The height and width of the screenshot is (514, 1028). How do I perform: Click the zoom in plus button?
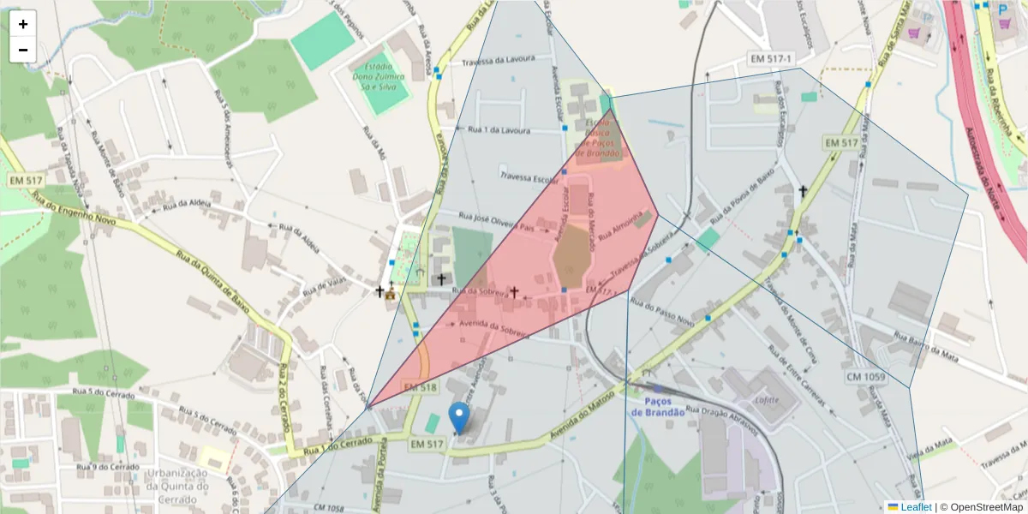click(x=23, y=24)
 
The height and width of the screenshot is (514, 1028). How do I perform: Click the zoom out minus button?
click(x=23, y=50)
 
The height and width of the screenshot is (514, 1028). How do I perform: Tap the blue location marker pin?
click(x=460, y=418)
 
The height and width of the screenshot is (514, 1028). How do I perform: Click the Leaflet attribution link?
click(x=915, y=507)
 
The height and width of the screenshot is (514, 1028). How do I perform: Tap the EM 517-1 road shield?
click(x=771, y=58)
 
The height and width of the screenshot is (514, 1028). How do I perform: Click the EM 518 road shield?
click(x=422, y=388)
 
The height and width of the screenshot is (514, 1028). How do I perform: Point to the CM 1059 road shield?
click(x=866, y=377)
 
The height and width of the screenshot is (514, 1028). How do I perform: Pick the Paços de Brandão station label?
click(x=658, y=406)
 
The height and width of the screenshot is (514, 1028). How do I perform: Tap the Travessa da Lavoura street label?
click(x=498, y=62)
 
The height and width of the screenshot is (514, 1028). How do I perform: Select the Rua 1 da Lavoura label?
click(x=499, y=130)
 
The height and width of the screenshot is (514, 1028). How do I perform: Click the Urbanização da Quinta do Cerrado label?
click(x=177, y=479)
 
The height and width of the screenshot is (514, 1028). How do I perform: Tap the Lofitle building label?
click(x=766, y=398)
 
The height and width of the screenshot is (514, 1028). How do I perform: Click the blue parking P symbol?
click(x=1003, y=9)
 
